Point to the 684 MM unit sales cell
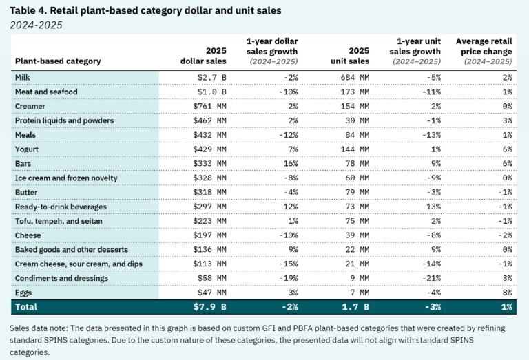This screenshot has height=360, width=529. pyautogui.click(x=353, y=77)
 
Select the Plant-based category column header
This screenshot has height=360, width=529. pyautogui.click(x=58, y=61)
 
